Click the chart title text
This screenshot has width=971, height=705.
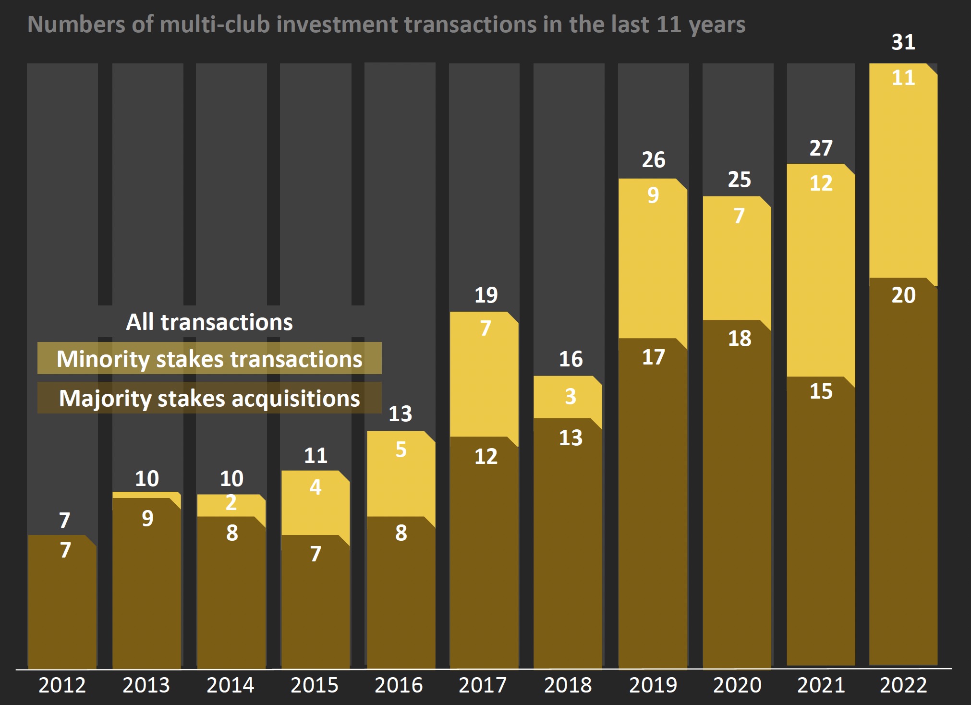point(386,24)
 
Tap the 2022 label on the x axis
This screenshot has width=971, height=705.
point(903,685)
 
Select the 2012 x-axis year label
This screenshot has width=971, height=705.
point(62,685)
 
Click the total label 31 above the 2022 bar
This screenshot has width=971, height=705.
point(903,42)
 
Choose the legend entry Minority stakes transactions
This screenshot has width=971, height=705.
point(209,359)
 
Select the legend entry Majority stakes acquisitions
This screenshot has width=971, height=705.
point(209,398)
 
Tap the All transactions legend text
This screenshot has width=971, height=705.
point(209,322)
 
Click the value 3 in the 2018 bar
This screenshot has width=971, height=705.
point(570,397)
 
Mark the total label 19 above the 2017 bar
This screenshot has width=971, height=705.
point(485,295)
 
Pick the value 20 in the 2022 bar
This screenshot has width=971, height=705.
point(903,295)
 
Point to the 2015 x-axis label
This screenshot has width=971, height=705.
point(314,685)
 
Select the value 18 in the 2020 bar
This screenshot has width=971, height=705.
point(739,339)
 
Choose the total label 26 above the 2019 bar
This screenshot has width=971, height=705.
point(653,160)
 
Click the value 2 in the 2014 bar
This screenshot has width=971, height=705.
point(231,503)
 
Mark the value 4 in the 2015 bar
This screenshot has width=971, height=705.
point(315,487)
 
